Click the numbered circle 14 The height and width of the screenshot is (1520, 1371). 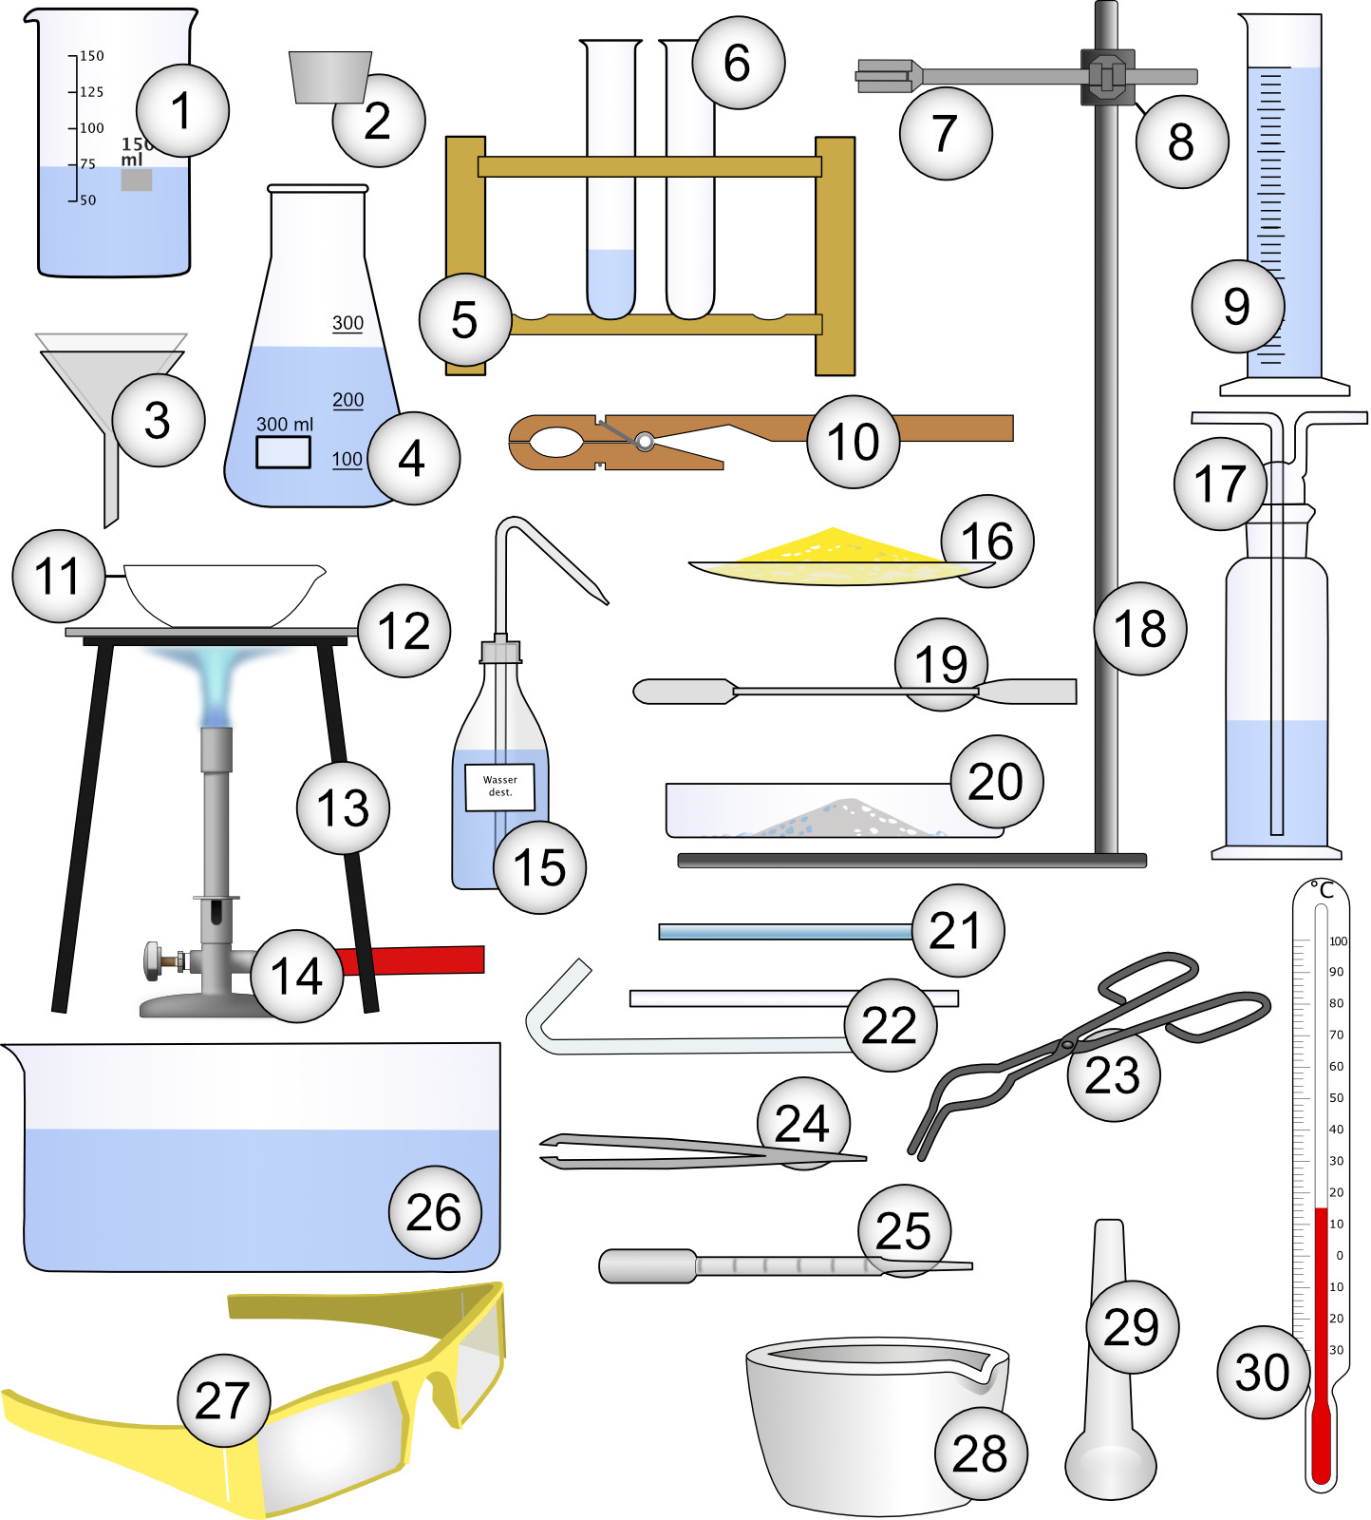(296, 976)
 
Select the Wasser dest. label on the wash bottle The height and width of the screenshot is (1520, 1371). (499, 787)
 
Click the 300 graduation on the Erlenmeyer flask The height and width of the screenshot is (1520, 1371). (347, 323)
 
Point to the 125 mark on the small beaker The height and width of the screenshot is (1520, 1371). (91, 92)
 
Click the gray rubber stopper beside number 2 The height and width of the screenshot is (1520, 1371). (329, 76)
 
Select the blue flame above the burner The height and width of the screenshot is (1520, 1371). (216, 684)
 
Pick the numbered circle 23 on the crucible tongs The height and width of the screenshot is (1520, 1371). (1113, 1074)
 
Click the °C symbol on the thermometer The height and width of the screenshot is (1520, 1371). (1323, 890)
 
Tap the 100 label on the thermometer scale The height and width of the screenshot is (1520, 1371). (1337, 941)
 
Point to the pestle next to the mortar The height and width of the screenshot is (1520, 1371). (1110, 1425)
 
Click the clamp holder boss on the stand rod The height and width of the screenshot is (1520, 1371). (1106, 76)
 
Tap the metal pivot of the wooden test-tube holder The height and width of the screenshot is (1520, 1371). (645, 441)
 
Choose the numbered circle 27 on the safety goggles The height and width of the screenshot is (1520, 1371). (223, 1400)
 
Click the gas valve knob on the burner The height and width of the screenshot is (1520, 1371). (154, 961)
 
